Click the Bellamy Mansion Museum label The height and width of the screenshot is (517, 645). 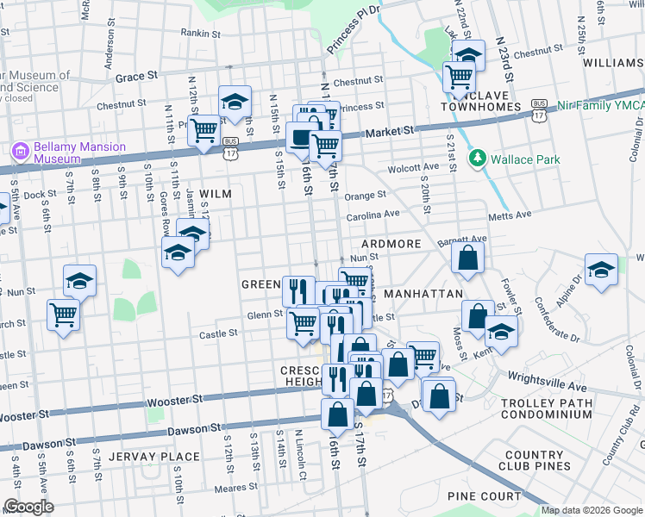(79, 153)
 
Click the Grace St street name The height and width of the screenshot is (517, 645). (136, 76)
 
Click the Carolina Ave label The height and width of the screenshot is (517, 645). (373, 214)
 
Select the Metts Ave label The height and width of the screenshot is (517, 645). (507, 217)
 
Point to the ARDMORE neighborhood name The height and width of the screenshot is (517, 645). (391, 244)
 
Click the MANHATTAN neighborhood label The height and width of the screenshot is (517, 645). (423, 294)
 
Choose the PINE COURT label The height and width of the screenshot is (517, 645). (484, 496)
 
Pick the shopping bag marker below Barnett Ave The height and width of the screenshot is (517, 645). (467, 258)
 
